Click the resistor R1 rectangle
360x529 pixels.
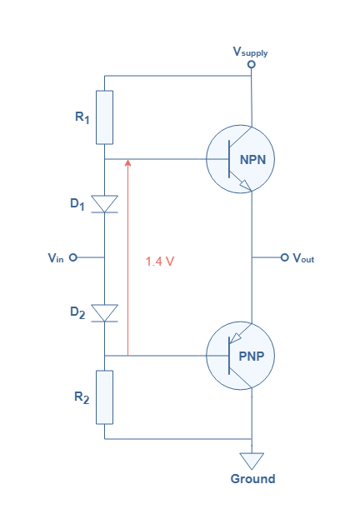click(x=105, y=117)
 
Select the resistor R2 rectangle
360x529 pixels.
click(x=105, y=397)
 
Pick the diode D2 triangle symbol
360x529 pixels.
click(x=105, y=313)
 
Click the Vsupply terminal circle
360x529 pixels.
click(x=252, y=64)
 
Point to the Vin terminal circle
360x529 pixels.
click(x=73, y=257)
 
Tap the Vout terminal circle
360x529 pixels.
click(x=285, y=257)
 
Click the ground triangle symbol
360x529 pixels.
click(x=252, y=460)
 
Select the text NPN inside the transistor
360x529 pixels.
click(x=252, y=160)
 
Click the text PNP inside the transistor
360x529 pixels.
click(x=252, y=356)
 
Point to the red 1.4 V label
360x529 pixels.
click(x=160, y=262)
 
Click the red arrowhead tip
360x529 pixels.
click(x=127, y=160)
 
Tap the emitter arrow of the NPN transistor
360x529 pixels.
click(x=245, y=185)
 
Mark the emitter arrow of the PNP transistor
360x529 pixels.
click(x=236, y=338)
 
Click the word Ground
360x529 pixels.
click(x=252, y=479)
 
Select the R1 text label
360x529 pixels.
click(x=82, y=117)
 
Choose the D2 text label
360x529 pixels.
click(x=77, y=312)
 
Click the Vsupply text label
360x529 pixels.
click(x=250, y=52)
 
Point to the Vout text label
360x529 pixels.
click(x=303, y=258)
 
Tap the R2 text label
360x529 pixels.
click(x=82, y=397)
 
